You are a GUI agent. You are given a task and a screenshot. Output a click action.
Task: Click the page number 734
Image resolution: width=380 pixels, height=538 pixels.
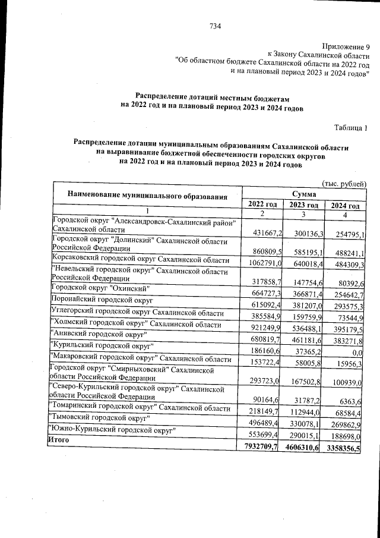click(215, 26)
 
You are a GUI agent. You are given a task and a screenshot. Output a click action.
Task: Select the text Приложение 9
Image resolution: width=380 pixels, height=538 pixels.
click(346, 46)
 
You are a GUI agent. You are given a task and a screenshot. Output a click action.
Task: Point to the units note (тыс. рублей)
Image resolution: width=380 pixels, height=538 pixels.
click(344, 184)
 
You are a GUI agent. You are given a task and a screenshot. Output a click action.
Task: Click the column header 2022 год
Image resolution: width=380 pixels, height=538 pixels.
click(262, 204)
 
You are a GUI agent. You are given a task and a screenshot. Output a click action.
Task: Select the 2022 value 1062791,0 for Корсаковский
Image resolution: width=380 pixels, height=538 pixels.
click(262, 263)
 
